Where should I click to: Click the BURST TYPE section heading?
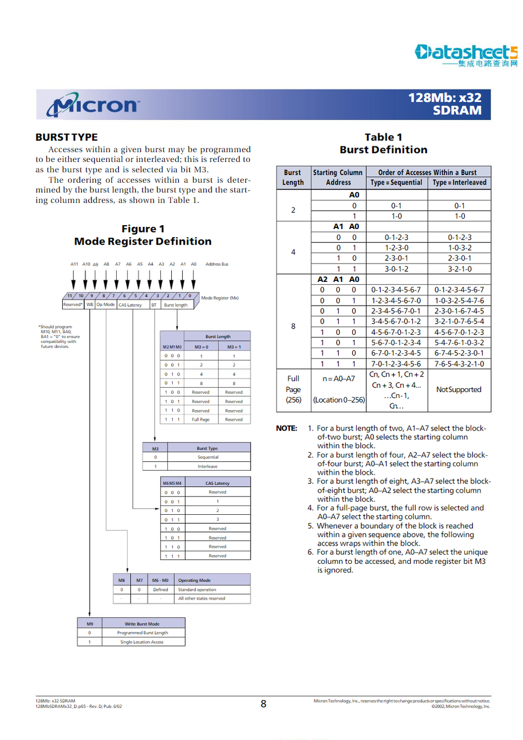67,137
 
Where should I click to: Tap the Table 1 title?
383,137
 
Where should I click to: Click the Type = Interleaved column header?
459,183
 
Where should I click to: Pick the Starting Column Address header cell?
338,177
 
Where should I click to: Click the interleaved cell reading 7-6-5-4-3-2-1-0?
459,364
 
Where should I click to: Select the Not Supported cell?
459,390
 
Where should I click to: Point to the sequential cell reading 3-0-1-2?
396,269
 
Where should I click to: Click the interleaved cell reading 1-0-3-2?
459,248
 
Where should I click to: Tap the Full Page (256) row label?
293,389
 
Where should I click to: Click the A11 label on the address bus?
74,264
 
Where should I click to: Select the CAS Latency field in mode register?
130,305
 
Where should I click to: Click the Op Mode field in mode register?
106,304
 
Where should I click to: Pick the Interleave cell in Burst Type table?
208,466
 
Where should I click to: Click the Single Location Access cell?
142,642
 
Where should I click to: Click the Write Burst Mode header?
142,624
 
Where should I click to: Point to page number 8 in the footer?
263,704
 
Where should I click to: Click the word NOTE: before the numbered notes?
286,428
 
